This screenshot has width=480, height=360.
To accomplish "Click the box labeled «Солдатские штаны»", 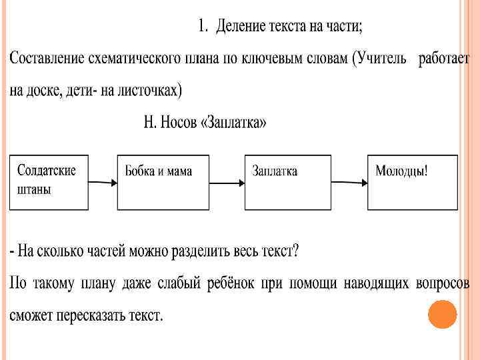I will (49, 182).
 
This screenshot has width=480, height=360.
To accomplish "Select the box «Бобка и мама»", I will (163, 182).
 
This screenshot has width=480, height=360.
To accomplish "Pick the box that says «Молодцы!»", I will (413, 182).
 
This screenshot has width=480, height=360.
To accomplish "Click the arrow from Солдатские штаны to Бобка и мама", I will (103, 181).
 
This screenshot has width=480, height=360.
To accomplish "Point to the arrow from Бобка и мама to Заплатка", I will (227, 181).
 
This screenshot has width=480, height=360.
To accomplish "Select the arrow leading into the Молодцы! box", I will (349, 181).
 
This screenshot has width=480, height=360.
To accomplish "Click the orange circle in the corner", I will (442, 315).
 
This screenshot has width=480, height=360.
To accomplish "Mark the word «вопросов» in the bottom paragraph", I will (441, 284).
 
